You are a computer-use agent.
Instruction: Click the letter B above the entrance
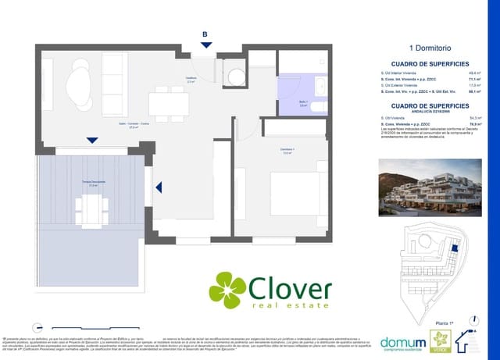tap(205, 34)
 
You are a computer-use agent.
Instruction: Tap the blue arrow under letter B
tap(205, 46)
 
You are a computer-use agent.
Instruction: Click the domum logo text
tap(404, 342)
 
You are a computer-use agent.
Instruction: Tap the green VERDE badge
tap(442, 340)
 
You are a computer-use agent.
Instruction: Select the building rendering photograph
tap(430, 188)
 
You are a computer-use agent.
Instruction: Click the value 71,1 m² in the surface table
tap(474, 79)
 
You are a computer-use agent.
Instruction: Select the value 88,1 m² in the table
tap(474, 91)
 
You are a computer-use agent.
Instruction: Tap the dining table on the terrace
tap(93, 208)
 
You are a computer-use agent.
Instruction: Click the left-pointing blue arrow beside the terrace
tap(159, 187)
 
